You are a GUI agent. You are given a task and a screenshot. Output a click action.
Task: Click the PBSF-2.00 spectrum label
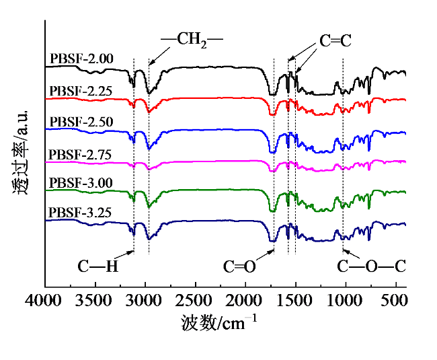click(x=81, y=59)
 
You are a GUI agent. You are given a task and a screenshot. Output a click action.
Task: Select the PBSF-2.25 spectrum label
click(x=81, y=89)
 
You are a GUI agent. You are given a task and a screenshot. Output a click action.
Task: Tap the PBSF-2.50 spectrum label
click(x=81, y=122)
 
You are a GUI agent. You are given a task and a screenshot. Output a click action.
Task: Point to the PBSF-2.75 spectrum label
click(x=81, y=153)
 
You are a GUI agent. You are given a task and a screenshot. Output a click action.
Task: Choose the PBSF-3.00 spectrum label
click(x=81, y=182)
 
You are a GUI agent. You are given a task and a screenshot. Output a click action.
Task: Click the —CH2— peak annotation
click(x=192, y=39)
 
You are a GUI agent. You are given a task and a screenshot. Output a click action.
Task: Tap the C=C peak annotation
click(x=335, y=41)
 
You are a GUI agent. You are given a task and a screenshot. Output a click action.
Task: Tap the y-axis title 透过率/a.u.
click(x=19, y=152)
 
